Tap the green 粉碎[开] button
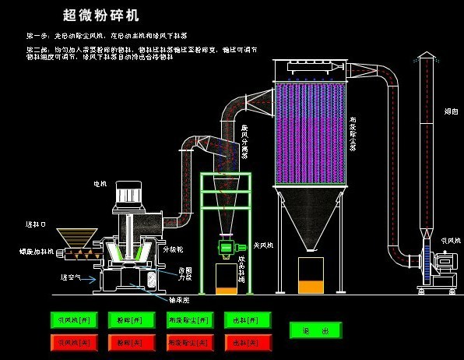point(127,319)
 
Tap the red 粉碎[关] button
point(127,342)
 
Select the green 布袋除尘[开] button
point(188,319)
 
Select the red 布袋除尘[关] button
point(188,342)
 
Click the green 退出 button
point(315,330)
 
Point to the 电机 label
point(100,184)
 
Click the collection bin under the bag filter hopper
point(310,275)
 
